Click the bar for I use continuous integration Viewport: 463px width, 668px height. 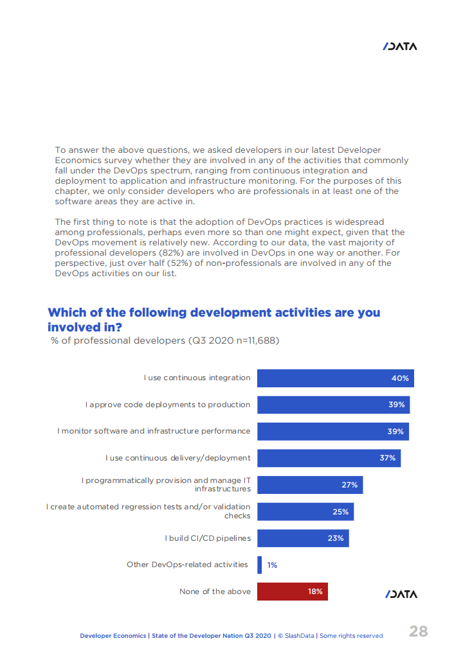(335, 378)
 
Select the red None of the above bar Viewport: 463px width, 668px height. (292, 592)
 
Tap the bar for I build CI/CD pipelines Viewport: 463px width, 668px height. (303, 538)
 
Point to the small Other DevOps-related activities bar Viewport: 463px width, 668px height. (259, 565)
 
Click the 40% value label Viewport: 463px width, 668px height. (400, 378)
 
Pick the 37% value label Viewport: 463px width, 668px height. (387, 458)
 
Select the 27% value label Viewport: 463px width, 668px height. (349, 485)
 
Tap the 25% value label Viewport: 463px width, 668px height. (340, 512)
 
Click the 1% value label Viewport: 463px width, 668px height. (272, 565)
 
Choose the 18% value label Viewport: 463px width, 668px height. (315, 592)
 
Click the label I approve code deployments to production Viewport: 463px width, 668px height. (168, 405)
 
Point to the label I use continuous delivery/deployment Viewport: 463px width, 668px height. (178, 458)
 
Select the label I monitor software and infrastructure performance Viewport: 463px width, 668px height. (154, 431)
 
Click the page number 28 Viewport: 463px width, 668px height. (418, 631)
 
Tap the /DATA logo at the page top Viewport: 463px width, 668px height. (400, 46)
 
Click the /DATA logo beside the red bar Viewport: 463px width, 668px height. (401, 594)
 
